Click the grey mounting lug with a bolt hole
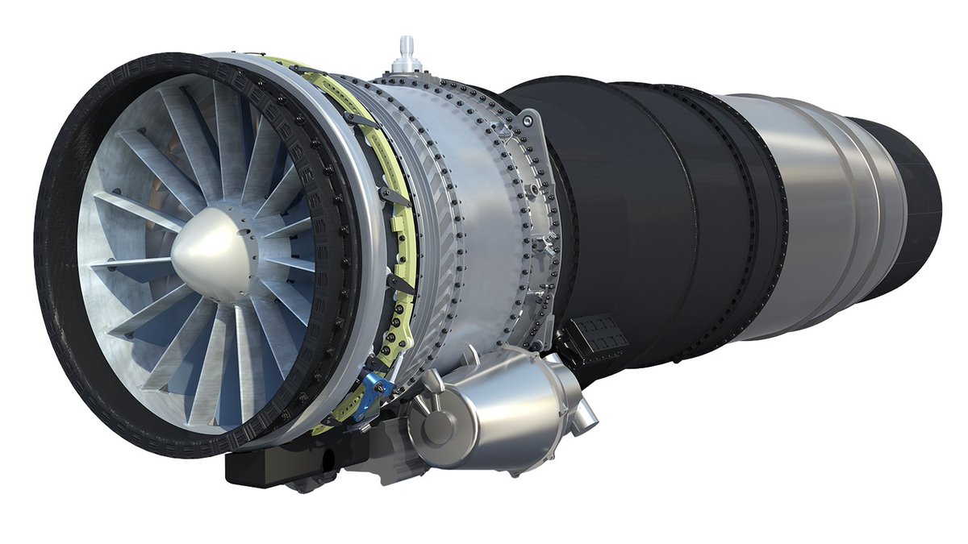(x=528, y=122)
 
